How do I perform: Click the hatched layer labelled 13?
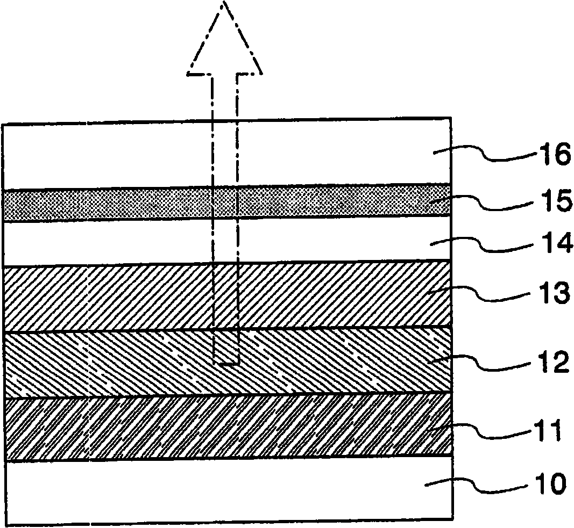point(118,298)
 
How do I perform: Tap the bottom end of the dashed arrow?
point(225,364)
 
